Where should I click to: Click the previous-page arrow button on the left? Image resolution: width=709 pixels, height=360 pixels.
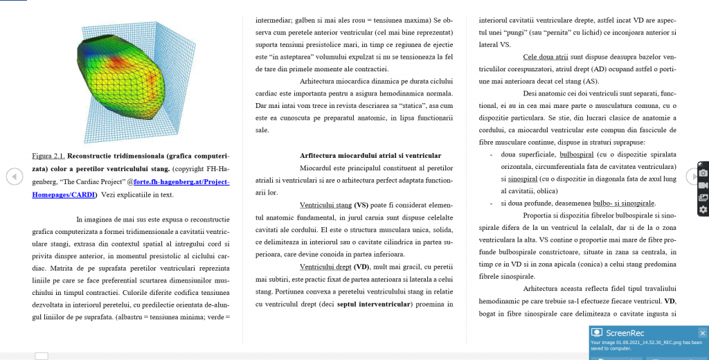point(15,177)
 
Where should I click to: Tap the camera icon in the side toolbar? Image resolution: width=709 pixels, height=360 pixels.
point(703,172)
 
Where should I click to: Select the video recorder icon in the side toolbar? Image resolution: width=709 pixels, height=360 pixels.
point(703,185)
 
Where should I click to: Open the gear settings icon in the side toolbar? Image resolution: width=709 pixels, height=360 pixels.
point(703,210)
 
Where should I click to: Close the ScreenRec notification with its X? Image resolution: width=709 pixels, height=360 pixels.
point(702,332)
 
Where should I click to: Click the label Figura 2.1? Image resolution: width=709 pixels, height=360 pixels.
point(48,156)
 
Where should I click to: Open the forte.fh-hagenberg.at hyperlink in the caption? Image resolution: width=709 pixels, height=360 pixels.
point(181,181)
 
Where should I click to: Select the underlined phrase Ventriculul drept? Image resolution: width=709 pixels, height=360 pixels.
point(325,267)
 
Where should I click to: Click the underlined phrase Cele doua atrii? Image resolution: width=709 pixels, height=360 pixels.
point(545,57)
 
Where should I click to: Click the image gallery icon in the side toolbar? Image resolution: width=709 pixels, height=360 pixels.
point(703,197)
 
